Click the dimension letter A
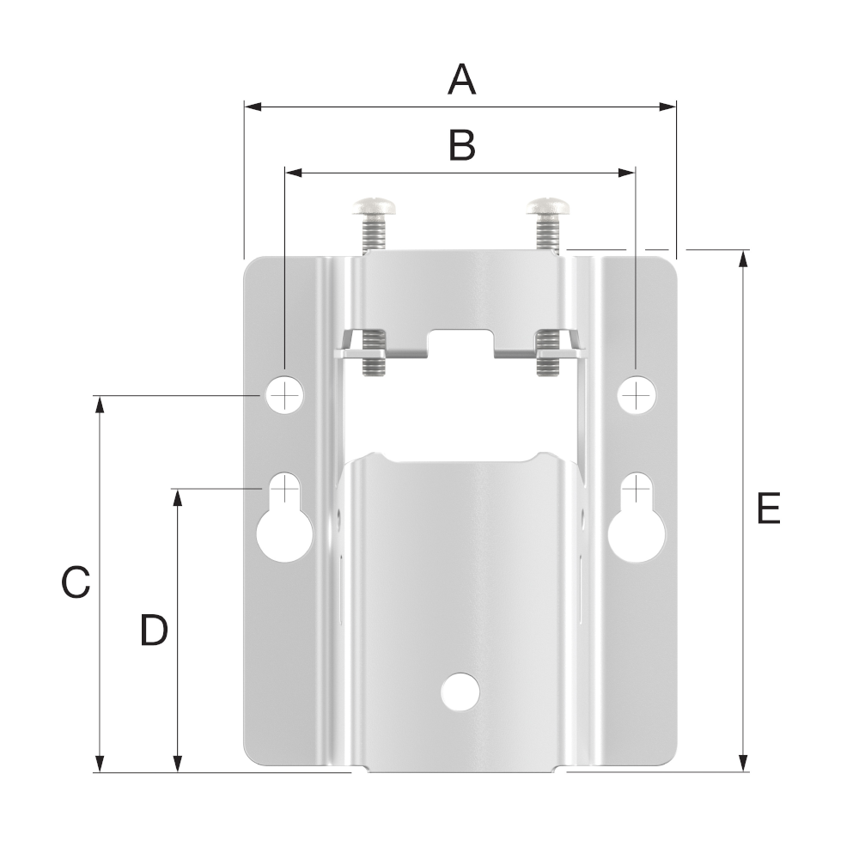(461, 81)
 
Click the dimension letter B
(461, 146)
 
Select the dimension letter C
(76, 582)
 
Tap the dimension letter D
(154, 631)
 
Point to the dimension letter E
(768, 509)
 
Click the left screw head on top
(373, 206)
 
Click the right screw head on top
(550, 206)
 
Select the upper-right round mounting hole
(636, 394)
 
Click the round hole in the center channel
(460, 691)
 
